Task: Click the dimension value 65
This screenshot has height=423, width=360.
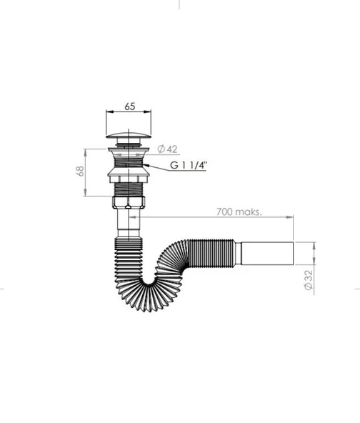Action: click(129, 106)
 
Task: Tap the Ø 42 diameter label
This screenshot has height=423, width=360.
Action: click(167, 149)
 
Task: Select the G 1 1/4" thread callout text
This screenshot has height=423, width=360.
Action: click(189, 165)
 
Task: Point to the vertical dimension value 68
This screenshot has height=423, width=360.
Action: click(81, 171)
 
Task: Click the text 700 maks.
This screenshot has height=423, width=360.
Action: click(239, 211)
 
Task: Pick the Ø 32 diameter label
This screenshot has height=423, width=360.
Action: click(309, 280)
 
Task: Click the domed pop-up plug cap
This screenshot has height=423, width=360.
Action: click(129, 135)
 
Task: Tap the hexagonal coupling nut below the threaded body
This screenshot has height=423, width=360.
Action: click(129, 202)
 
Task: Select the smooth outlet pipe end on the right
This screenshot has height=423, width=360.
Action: click(267, 254)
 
